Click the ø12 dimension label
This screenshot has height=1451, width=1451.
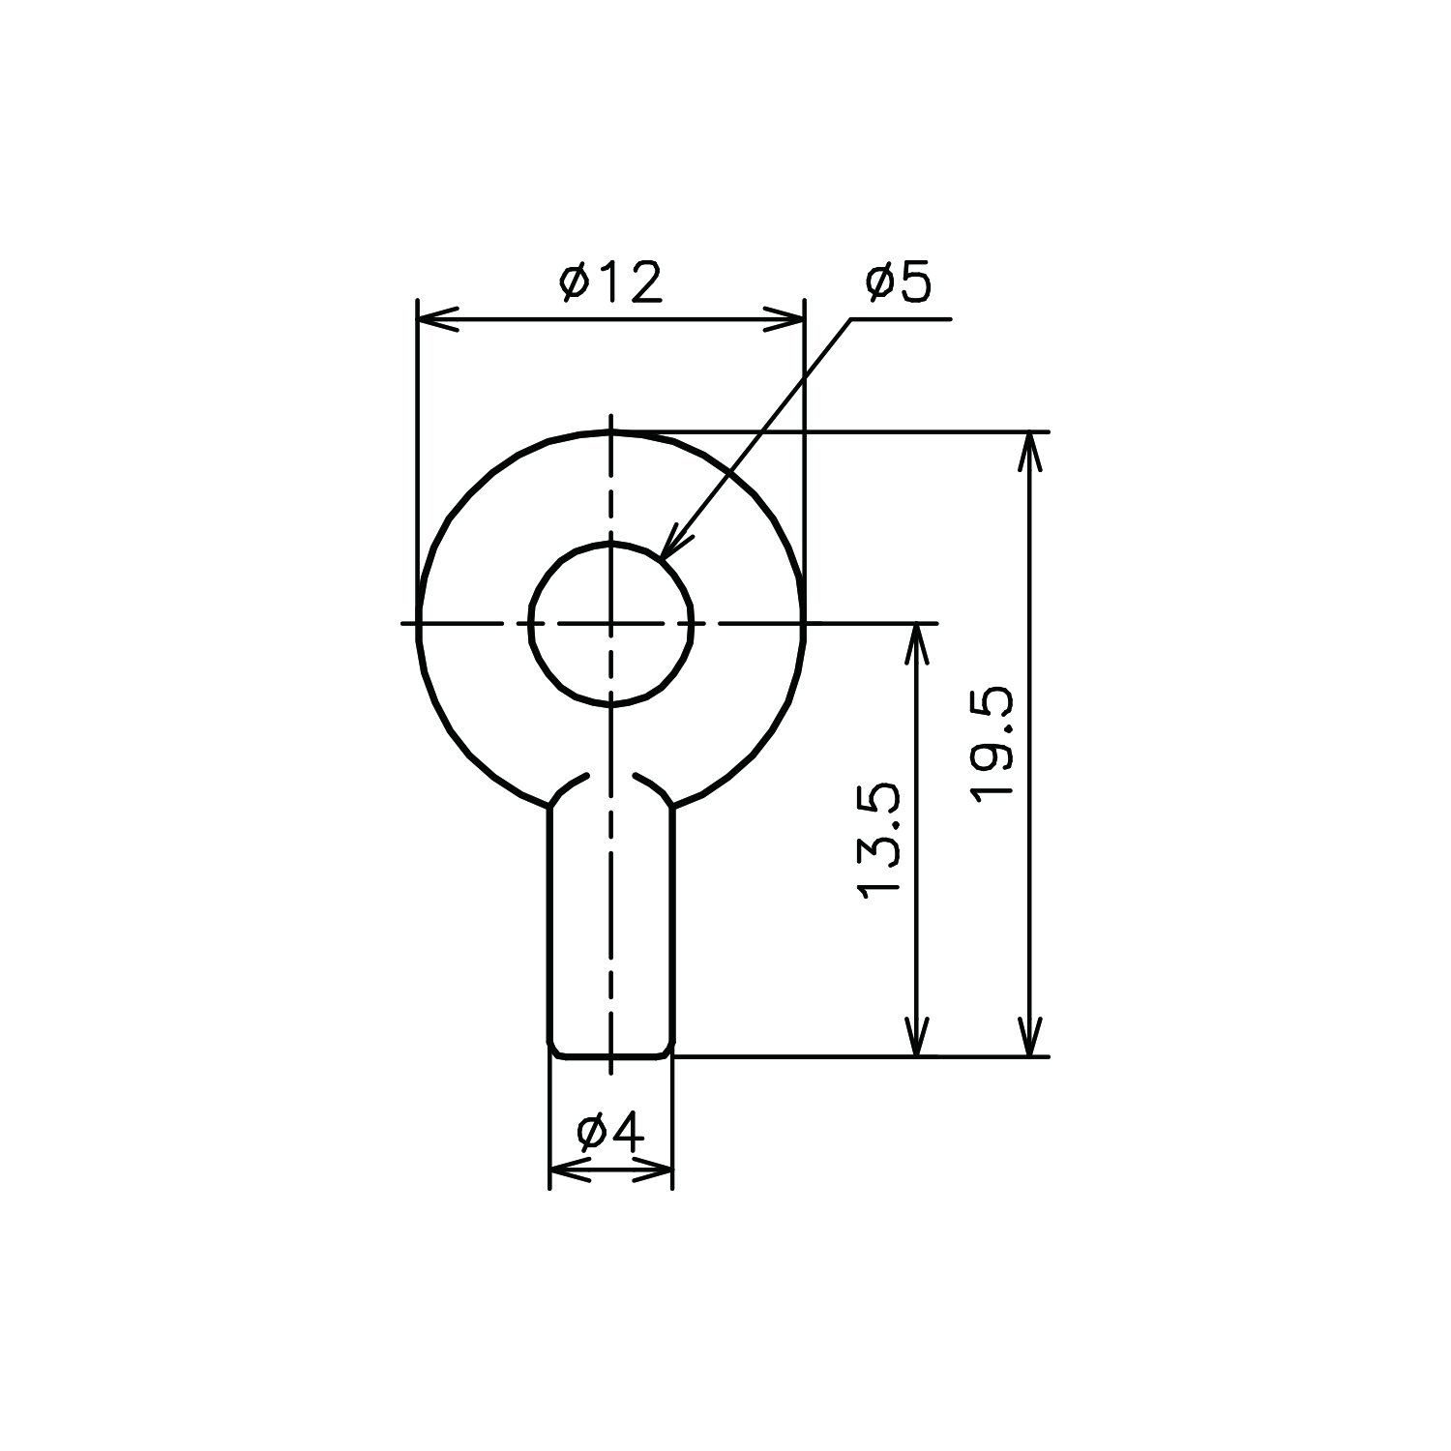click(x=611, y=282)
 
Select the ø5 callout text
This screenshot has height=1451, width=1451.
click(x=899, y=282)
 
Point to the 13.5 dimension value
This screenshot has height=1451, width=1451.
click(x=878, y=842)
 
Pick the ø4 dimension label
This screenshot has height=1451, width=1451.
click(x=610, y=1133)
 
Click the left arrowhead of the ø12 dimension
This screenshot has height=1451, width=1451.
click(x=437, y=318)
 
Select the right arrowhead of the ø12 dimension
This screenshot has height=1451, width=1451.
click(x=784, y=318)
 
